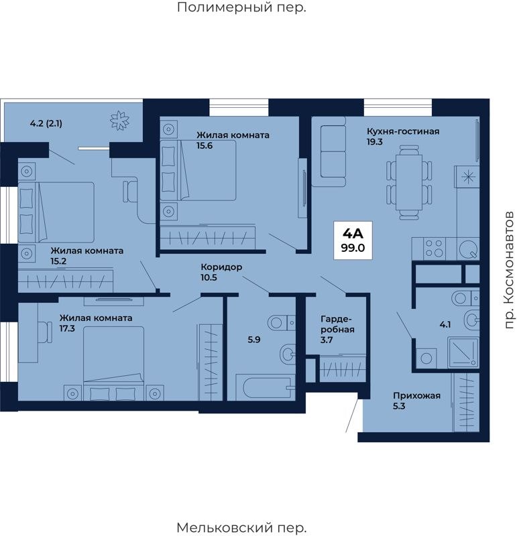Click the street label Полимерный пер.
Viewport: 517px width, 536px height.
241,7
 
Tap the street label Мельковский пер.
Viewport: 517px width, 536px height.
241,527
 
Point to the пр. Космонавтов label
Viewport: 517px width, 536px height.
509,270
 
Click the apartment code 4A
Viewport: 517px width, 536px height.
353,234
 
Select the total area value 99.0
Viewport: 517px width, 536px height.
353,248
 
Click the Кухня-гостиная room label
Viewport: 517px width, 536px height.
403,131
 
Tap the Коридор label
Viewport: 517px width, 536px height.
221,267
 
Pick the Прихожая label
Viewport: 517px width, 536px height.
416,396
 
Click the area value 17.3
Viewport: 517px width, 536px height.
67,328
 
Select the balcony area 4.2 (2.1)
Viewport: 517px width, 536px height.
46,123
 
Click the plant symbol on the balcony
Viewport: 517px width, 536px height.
120,121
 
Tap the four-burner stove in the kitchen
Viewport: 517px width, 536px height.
435,249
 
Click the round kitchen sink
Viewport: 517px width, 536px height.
468,249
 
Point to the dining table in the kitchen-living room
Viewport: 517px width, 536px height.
409,183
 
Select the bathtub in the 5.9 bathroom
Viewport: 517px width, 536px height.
266,388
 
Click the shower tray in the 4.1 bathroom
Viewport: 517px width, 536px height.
463,352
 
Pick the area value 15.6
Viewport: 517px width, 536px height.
205,145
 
